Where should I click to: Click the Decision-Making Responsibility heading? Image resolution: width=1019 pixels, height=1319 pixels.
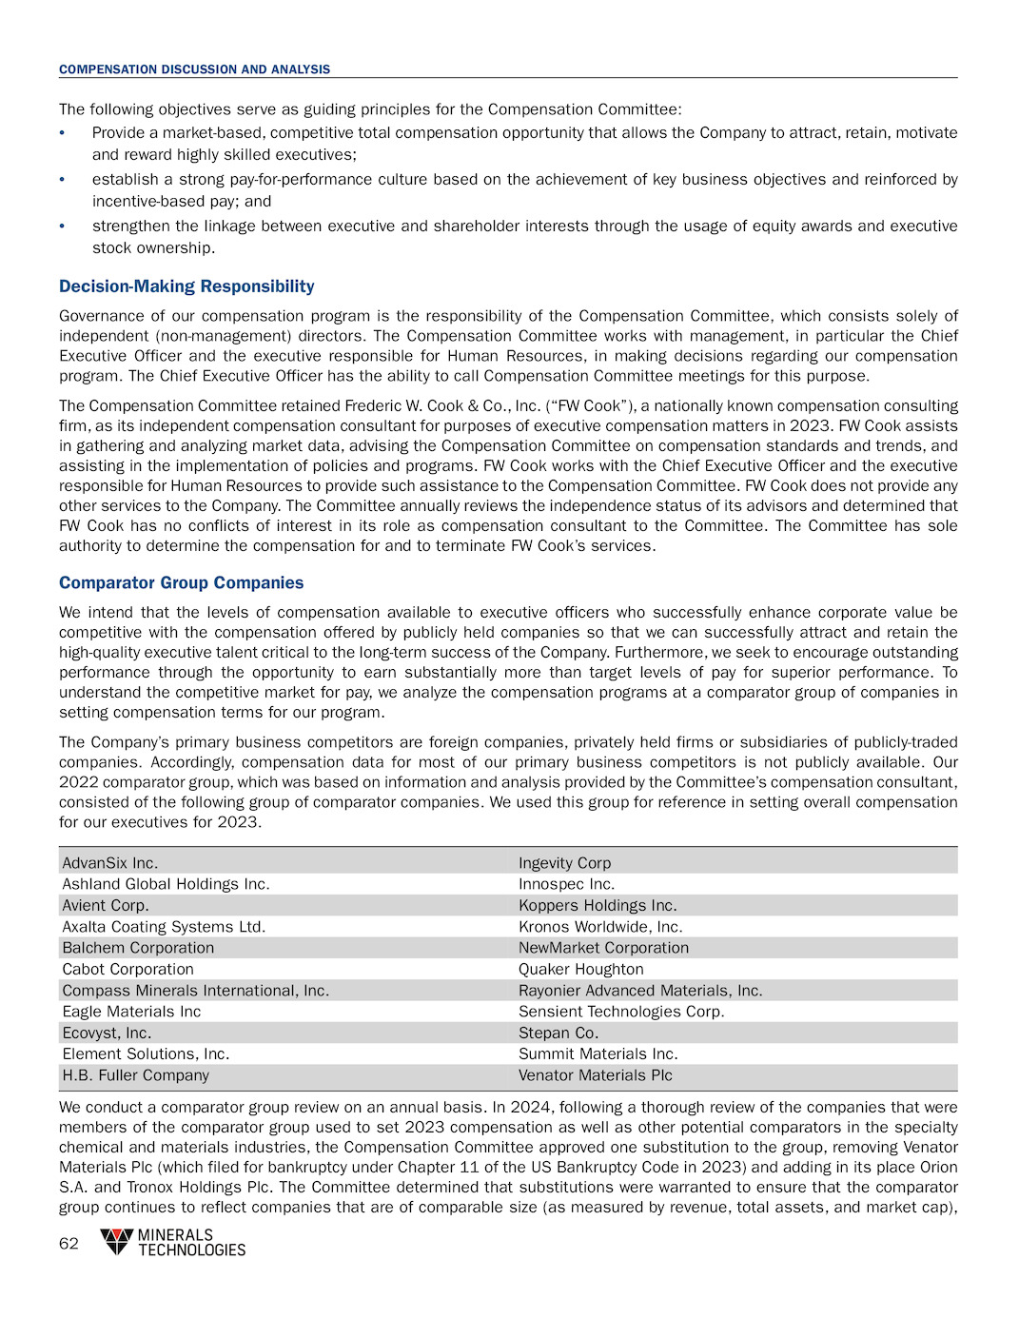pyautogui.click(x=186, y=286)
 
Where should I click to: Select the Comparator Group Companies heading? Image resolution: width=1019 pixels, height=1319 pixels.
pyautogui.click(x=181, y=582)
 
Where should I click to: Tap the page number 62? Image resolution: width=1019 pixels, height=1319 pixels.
pyautogui.click(x=69, y=1243)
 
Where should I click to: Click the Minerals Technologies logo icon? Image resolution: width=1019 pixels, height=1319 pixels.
pyautogui.click(x=117, y=1241)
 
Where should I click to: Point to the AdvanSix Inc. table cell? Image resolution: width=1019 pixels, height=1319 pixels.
pyautogui.click(x=109, y=863)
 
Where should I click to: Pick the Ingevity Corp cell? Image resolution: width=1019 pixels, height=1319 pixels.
pyautogui.click(x=564, y=863)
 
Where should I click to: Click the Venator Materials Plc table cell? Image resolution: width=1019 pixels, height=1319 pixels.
pyautogui.click(x=595, y=1075)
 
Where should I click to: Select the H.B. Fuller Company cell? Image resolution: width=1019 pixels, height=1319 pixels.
pyautogui.click(x=135, y=1075)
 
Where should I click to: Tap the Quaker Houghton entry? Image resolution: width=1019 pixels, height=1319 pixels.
pyautogui.click(x=580, y=969)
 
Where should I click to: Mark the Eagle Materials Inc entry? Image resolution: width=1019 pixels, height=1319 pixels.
pyautogui.click(x=131, y=1012)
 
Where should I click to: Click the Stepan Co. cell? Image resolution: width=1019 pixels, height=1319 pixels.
pyautogui.click(x=558, y=1033)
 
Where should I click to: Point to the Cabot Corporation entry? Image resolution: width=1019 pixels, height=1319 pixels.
pyautogui.click(x=127, y=969)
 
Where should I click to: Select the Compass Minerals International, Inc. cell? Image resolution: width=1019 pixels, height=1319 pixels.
pyautogui.click(x=195, y=991)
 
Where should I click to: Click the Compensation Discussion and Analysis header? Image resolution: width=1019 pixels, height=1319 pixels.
pyautogui.click(x=194, y=69)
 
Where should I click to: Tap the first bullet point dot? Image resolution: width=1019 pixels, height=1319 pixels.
pyautogui.click(x=62, y=133)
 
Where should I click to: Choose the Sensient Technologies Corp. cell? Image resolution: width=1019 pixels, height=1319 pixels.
pyautogui.click(x=620, y=1012)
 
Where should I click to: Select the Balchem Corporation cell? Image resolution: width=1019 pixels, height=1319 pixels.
pyautogui.click(x=138, y=948)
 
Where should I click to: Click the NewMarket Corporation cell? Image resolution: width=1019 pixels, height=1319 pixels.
pyautogui.click(x=603, y=948)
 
